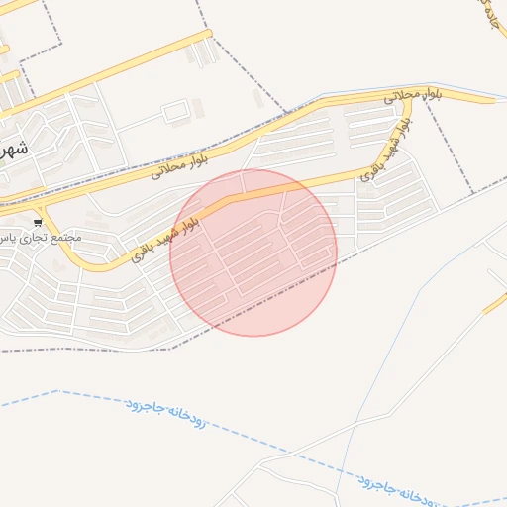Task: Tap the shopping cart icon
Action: (38, 222)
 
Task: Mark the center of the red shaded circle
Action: (253, 253)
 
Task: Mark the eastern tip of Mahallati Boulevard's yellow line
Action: (492, 100)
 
